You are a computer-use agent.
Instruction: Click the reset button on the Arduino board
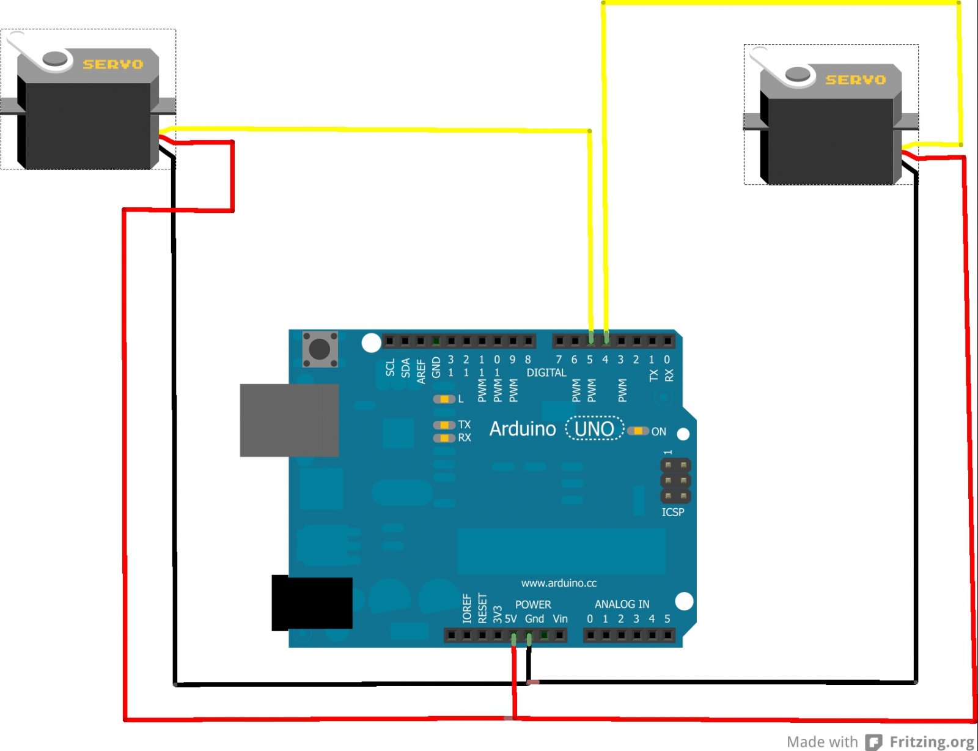(x=320, y=349)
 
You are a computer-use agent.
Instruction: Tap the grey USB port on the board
(x=289, y=420)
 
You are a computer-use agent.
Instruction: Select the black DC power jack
(x=312, y=603)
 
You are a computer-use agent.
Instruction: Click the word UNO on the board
(x=594, y=429)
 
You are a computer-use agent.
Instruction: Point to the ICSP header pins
(x=675, y=481)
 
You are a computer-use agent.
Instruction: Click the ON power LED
(x=638, y=431)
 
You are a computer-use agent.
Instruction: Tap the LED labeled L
(x=444, y=399)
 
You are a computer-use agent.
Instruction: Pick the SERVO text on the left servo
(x=113, y=64)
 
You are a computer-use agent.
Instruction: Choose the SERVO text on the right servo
(x=856, y=80)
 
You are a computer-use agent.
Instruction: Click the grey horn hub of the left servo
(x=55, y=59)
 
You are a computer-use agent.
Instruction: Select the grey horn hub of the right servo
(x=798, y=74)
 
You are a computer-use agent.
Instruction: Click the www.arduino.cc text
(x=559, y=583)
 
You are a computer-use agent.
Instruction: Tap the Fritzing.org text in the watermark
(x=932, y=742)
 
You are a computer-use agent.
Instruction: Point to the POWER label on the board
(x=533, y=604)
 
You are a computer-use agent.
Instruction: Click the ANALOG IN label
(x=622, y=604)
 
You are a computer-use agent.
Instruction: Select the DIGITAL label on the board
(x=546, y=372)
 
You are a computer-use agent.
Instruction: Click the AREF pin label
(x=421, y=371)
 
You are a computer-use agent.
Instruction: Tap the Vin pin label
(x=560, y=619)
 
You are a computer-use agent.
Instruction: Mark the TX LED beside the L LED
(x=444, y=425)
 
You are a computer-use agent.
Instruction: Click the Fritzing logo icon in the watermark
(x=874, y=742)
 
